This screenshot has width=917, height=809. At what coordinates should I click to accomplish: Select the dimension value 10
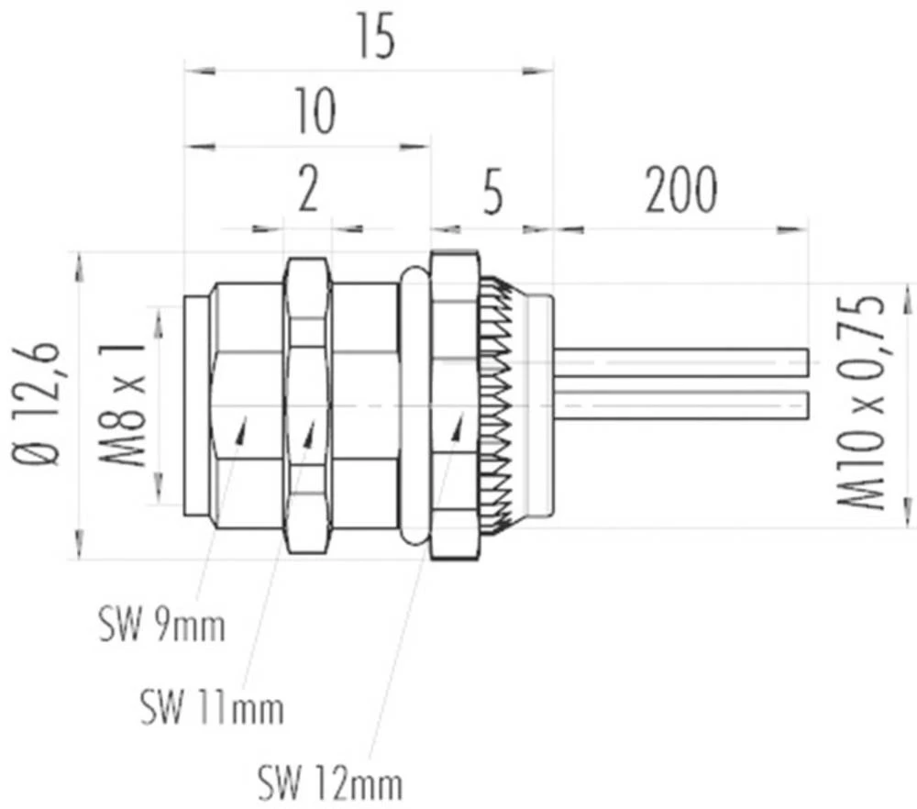[x=314, y=112]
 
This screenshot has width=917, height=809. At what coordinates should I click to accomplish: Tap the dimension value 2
[x=308, y=192]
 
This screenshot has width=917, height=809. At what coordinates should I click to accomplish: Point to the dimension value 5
[x=492, y=192]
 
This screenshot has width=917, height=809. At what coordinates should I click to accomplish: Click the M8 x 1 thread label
[x=126, y=404]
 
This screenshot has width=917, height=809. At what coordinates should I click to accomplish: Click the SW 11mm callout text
[x=212, y=707]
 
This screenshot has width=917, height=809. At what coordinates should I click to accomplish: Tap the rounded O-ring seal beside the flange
[x=414, y=404]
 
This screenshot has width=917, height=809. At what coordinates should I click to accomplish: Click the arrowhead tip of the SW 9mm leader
[x=245, y=416]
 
